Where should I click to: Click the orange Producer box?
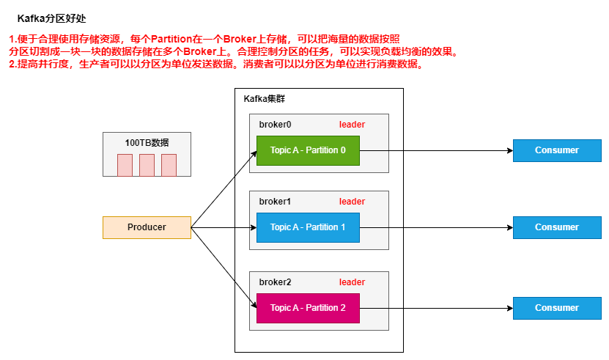147,227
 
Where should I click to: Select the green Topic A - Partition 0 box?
308,150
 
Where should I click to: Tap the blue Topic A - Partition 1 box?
308,227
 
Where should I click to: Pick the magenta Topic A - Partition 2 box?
308,308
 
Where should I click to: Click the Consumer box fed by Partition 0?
556,150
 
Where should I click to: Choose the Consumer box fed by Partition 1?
556,227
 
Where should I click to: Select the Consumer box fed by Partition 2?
556,308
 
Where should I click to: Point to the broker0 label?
275,125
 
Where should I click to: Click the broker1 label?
275,202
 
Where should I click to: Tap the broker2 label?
275,282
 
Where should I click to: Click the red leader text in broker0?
352,125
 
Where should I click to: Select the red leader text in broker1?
352,202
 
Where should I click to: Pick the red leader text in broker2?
352,282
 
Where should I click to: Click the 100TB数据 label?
147,142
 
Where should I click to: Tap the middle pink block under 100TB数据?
147,165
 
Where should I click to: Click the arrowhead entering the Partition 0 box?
253,151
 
